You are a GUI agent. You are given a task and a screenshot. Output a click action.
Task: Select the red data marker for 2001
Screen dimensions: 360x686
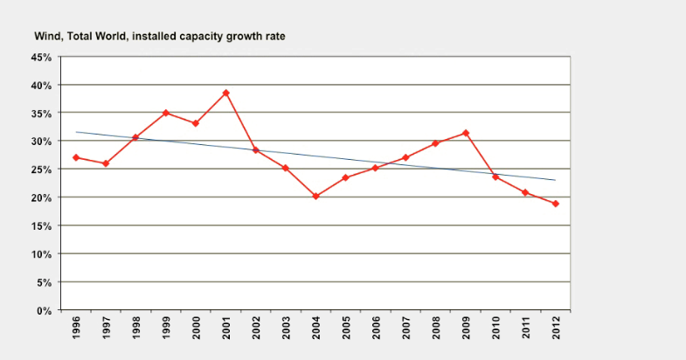point(225,93)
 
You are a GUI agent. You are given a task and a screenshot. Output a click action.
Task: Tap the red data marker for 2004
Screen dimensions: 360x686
point(315,197)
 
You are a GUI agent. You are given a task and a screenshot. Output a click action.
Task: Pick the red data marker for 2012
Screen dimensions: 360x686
point(555,204)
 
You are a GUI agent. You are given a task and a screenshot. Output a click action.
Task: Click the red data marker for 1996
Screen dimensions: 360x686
point(76,157)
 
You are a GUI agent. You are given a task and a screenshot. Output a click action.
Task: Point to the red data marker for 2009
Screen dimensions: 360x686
point(465,133)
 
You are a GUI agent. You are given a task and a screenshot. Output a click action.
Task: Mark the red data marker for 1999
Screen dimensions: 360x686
point(166,113)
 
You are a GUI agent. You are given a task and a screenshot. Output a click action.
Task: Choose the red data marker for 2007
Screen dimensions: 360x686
point(405,158)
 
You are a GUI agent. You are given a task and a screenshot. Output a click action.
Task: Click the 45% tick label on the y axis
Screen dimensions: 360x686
point(41,57)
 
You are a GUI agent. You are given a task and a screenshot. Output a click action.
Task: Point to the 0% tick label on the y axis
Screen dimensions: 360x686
point(45,310)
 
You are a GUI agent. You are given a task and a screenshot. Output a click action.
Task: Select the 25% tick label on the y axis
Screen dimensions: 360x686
point(41,170)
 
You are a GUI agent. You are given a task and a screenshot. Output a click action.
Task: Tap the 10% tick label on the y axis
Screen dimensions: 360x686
point(41,254)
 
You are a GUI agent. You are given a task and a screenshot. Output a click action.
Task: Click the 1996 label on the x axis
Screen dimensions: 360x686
point(76,329)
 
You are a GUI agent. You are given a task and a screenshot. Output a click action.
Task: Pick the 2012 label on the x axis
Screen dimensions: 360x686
point(555,329)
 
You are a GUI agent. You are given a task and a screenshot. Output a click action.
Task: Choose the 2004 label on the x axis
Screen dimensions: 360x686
point(315,329)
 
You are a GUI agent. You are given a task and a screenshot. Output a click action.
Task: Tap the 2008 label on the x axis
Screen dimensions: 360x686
point(435,329)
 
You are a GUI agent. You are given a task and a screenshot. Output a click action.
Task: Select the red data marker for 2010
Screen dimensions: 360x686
point(495,177)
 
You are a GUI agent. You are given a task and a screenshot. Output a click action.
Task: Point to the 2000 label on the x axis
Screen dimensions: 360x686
point(196,329)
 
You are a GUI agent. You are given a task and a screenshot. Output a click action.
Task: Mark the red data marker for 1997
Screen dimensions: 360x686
point(106,163)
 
